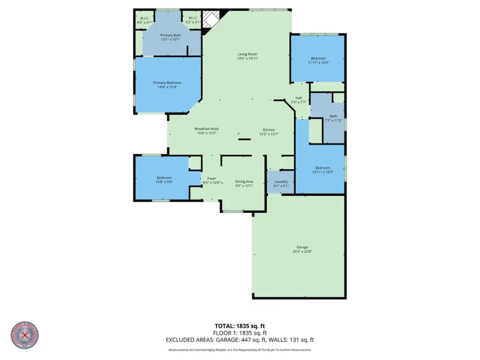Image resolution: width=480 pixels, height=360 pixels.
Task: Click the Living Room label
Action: click(x=247, y=54)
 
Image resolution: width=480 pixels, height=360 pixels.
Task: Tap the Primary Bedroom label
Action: click(x=167, y=83)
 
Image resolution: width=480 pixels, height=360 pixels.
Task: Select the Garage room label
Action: click(x=302, y=247)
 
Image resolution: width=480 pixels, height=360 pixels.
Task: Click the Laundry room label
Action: click(x=281, y=182)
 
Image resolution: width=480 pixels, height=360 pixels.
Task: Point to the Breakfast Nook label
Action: click(x=206, y=129)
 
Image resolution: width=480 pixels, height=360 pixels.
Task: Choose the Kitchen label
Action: click(x=268, y=130)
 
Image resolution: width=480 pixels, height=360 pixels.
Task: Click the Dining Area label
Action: click(x=244, y=182)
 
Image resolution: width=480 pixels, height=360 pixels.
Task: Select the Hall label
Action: click(x=299, y=98)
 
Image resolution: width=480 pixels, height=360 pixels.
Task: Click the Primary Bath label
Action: click(x=171, y=35)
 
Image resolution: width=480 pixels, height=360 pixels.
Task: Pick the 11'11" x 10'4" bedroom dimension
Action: click(x=318, y=62)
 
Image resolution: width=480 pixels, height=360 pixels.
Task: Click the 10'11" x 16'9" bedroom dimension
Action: click(x=322, y=172)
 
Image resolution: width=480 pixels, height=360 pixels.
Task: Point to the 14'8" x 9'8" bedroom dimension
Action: click(x=164, y=182)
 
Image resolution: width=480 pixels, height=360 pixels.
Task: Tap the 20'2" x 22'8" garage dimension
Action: click(x=302, y=251)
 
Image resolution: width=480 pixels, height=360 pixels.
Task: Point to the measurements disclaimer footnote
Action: click(x=239, y=350)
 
